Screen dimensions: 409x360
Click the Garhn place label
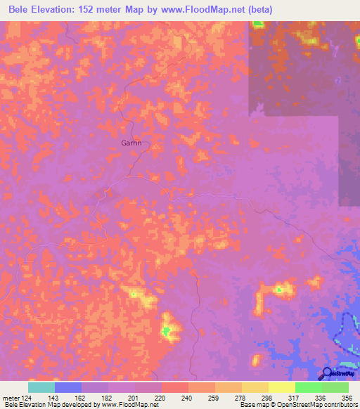131,143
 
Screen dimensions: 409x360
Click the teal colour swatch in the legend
41,387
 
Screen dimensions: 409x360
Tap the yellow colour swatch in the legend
282,387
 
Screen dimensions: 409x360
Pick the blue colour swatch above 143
68,387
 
